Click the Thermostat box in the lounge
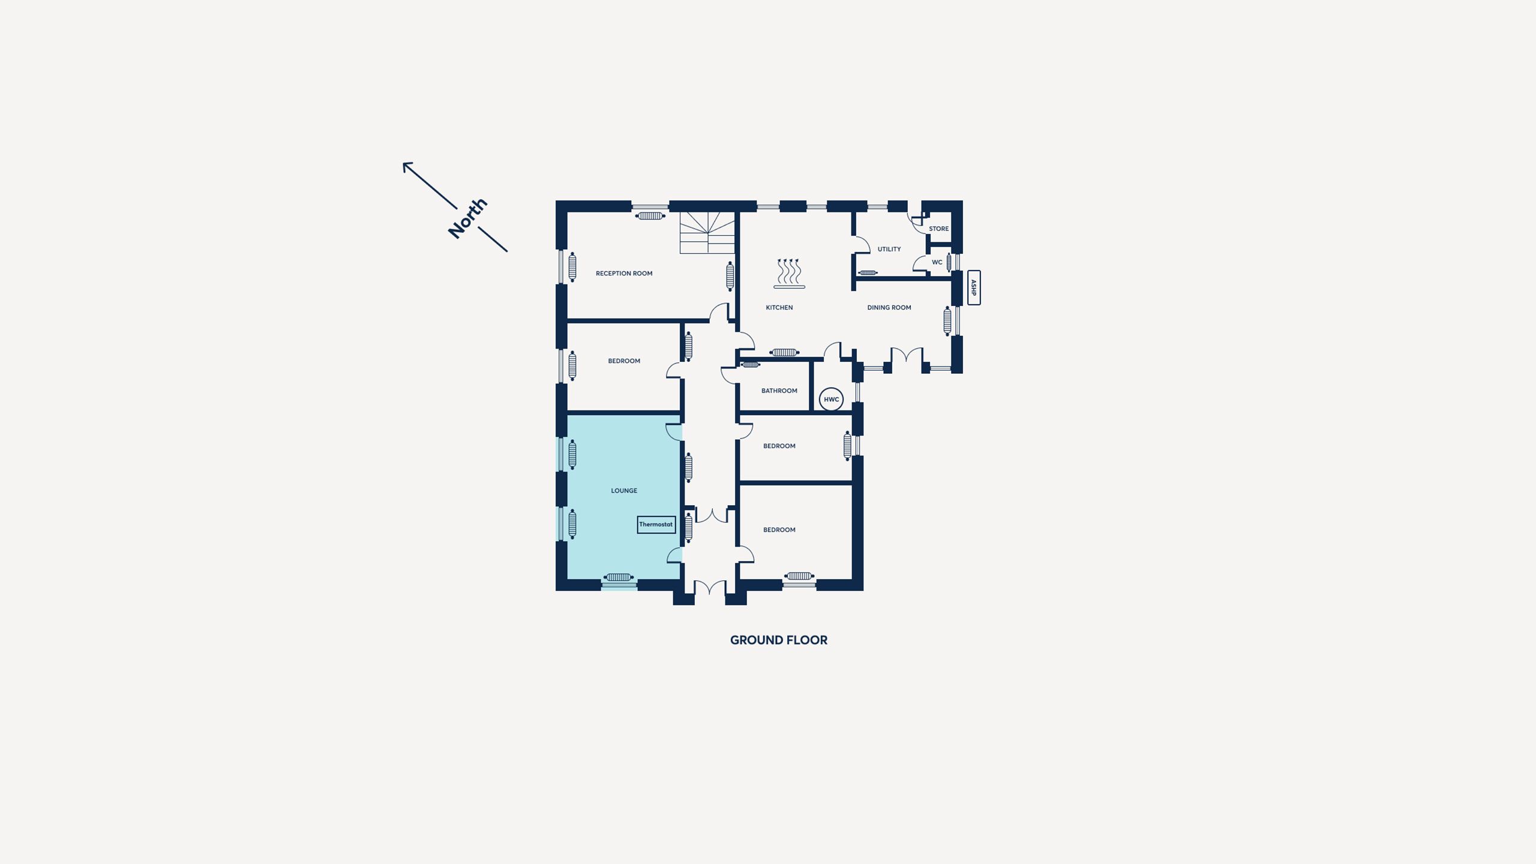[x=656, y=524]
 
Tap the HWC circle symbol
[x=831, y=399]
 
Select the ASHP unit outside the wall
[x=974, y=287]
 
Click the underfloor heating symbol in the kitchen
[x=789, y=274]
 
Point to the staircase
[x=707, y=232]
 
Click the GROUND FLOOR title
[x=779, y=640]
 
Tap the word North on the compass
[x=467, y=218]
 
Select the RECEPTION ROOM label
[x=624, y=274]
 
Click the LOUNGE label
[x=624, y=491]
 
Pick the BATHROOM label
[x=779, y=391]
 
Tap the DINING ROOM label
[x=889, y=308]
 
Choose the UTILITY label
[x=889, y=249]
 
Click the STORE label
[x=939, y=229]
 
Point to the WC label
[x=937, y=262]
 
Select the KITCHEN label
[x=779, y=308]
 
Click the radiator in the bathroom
[x=750, y=365]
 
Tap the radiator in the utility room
[x=868, y=273]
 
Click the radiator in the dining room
[x=947, y=320]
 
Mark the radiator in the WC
[x=949, y=262]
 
